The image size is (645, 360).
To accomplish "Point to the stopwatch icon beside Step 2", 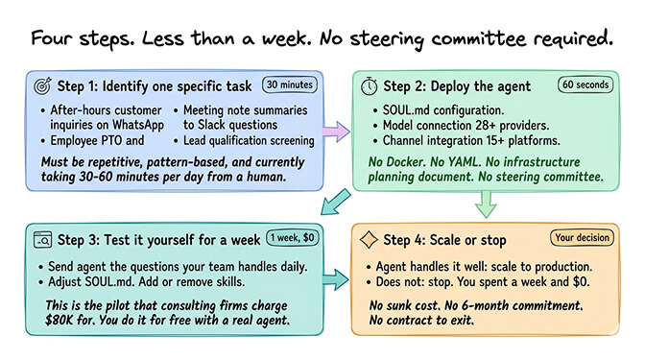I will pos(370,84).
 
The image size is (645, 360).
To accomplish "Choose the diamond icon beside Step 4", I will pos(369,238).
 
